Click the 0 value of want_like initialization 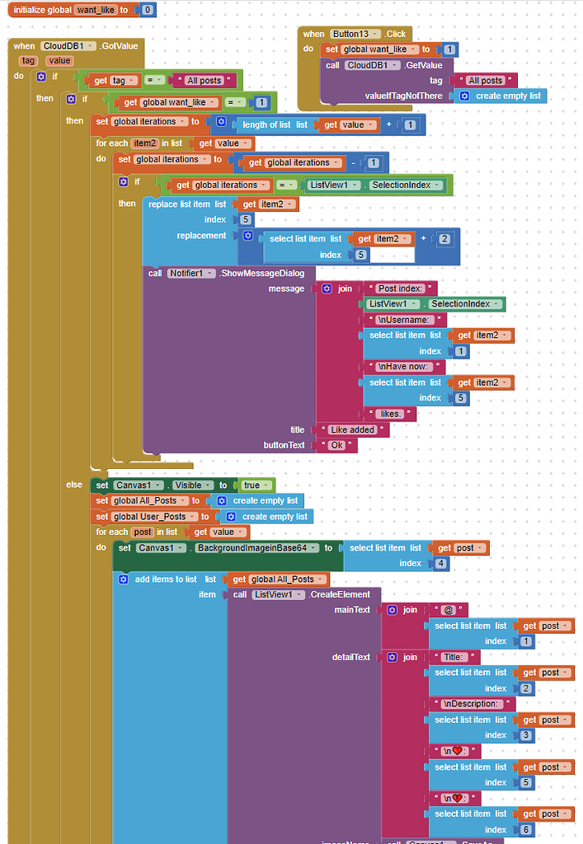tap(147, 10)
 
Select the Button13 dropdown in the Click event tap(355, 34)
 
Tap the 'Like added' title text tap(352, 429)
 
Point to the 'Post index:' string tap(399, 288)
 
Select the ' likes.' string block tap(390, 413)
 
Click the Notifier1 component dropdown tap(192, 273)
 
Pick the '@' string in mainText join tap(449, 610)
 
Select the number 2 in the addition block tap(444, 238)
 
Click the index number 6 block tap(524, 829)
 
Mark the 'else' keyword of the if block tap(74, 485)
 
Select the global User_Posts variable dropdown tap(162, 516)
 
